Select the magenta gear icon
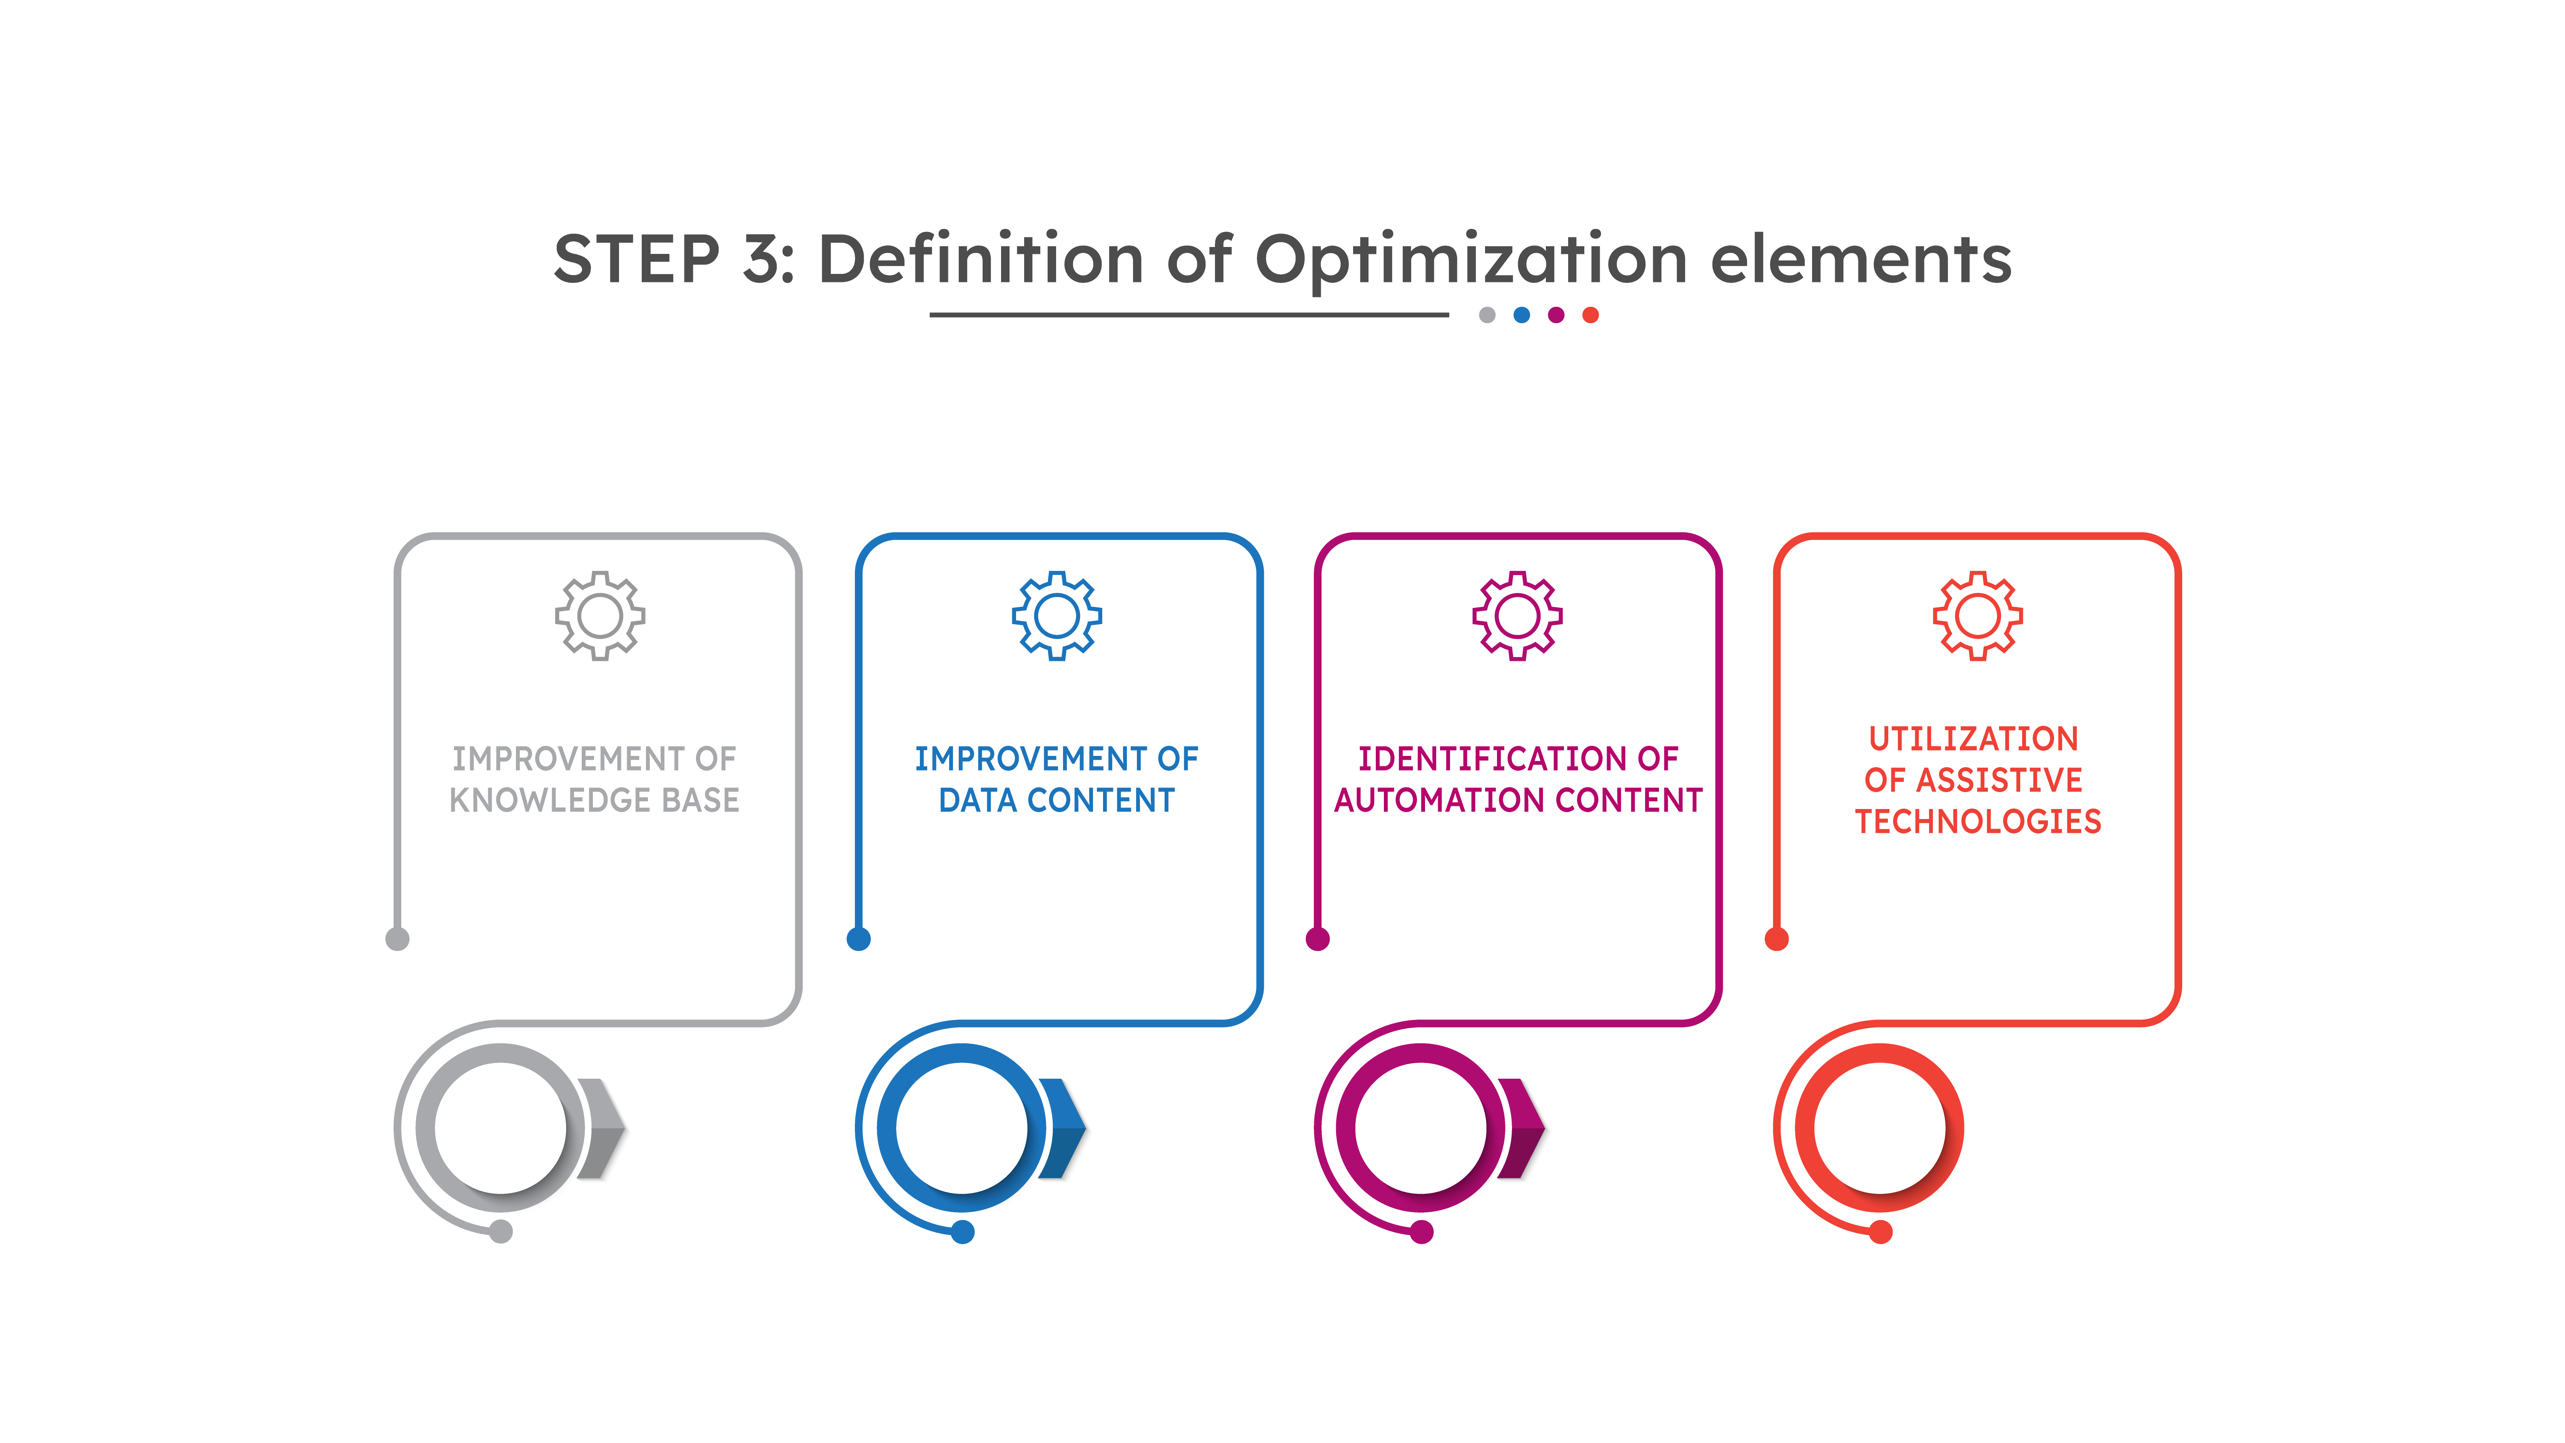1517,616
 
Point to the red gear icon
1978,616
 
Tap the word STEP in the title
637,259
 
